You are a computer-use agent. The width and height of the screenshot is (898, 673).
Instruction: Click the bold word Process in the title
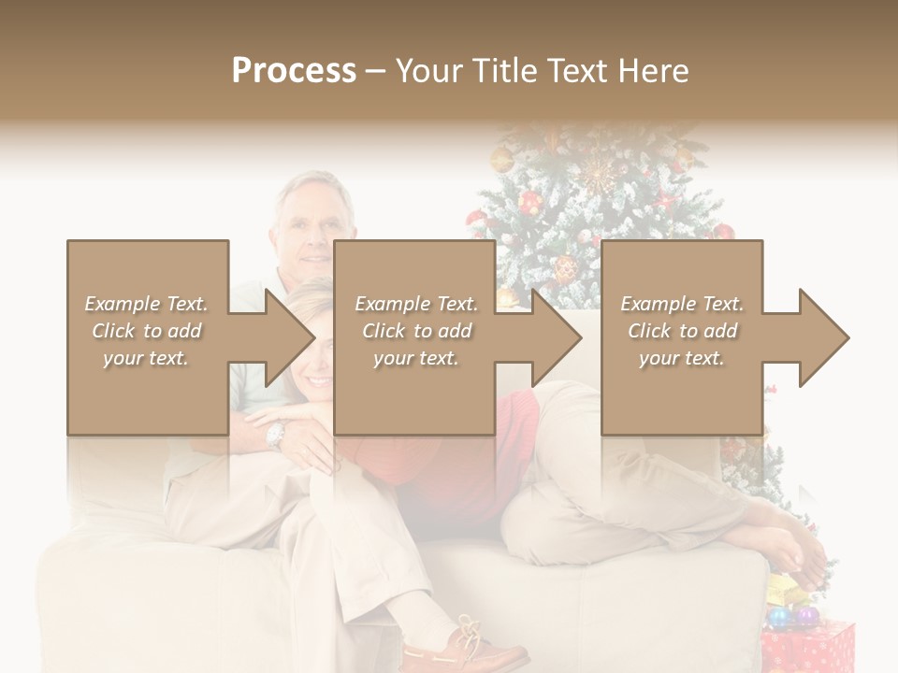click(294, 71)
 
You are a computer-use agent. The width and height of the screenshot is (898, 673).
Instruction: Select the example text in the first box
click(147, 331)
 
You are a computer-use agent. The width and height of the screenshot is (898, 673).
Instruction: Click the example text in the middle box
click(416, 331)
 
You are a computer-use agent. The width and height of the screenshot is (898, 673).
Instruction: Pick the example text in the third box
click(682, 331)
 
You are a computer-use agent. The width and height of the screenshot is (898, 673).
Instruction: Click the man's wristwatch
click(274, 434)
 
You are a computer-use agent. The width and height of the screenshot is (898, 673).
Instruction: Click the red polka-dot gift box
click(808, 649)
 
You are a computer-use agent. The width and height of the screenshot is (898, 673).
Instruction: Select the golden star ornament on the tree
click(596, 174)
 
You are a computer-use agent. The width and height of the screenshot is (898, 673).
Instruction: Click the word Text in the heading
click(580, 71)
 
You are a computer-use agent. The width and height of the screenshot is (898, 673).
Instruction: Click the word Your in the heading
click(429, 71)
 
